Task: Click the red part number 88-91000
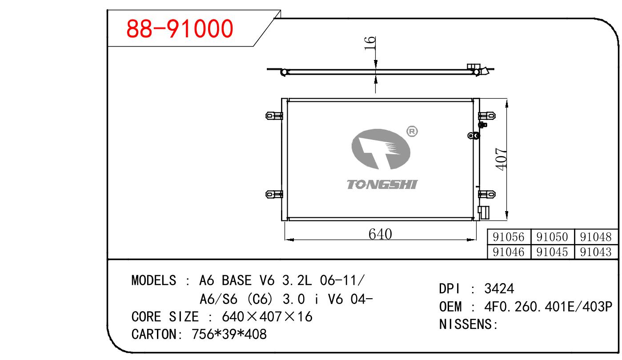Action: (180, 28)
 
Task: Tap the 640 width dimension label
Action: (380, 234)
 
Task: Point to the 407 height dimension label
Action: (501, 159)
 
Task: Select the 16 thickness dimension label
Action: (370, 43)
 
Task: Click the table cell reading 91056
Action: (509, 237)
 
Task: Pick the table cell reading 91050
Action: (552, 237)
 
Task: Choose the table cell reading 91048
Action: (596, 237)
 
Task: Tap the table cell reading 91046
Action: (509, 252)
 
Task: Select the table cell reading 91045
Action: (552, 252)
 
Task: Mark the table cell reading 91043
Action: (596, 252)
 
